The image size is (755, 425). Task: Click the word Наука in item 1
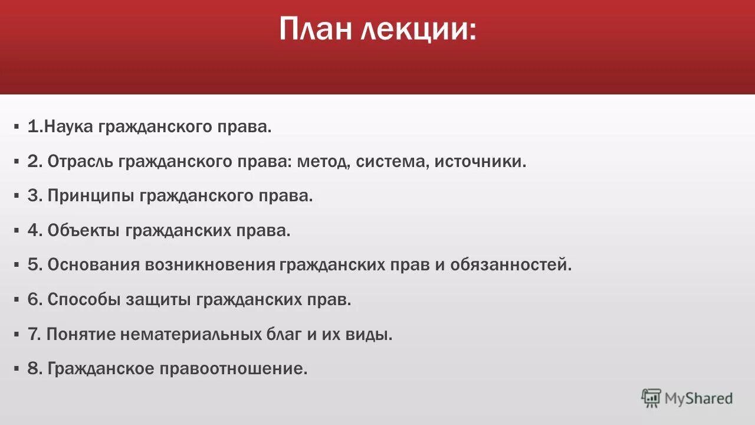point(69,127)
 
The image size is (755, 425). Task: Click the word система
point(392,161)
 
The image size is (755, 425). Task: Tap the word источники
point(480,161)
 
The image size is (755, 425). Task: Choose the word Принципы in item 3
point(91,196)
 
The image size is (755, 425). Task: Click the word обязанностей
point(511,265)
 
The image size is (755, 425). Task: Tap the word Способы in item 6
point(84,300)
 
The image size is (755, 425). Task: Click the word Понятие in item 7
point(81,335)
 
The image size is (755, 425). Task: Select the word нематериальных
point(189,335)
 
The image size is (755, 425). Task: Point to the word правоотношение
point(233,370)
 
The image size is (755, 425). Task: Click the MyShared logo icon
point(651,398)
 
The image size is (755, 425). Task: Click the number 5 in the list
point(32,265)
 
